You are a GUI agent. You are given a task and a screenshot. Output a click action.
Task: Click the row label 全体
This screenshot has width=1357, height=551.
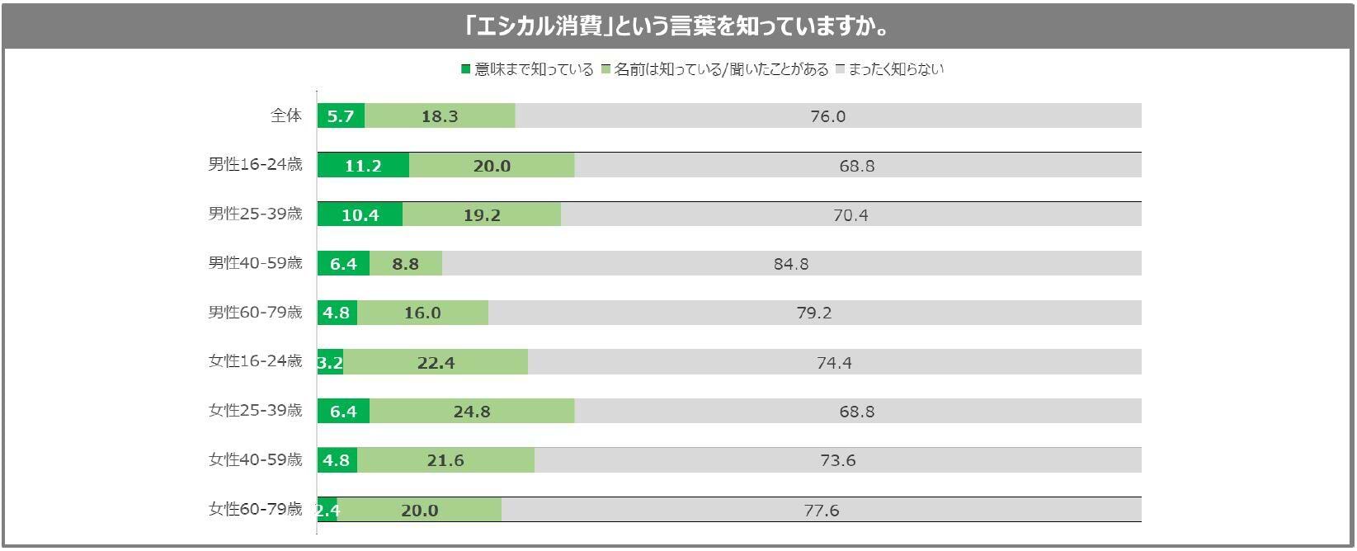286,116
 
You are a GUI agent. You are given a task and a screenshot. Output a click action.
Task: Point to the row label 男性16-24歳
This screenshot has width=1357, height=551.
255,164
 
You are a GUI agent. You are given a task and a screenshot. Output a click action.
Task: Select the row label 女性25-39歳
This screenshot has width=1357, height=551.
255,410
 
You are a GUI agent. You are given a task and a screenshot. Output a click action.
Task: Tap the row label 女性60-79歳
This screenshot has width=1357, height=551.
255,509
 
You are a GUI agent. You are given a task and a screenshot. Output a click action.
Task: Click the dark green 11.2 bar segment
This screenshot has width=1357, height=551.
363,166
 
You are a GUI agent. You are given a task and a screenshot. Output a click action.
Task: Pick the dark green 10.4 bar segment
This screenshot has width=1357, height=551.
360,214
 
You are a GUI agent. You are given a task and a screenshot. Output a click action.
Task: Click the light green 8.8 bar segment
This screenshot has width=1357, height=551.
406,264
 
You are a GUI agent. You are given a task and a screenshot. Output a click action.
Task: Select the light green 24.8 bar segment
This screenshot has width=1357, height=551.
472,411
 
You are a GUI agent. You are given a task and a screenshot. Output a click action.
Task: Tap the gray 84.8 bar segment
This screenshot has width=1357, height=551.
791,264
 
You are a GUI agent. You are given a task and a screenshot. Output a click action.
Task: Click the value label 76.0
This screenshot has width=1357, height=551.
827,116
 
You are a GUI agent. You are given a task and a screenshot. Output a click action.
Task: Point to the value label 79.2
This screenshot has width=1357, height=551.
814,313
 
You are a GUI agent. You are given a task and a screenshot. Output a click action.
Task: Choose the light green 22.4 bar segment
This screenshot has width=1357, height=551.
436,362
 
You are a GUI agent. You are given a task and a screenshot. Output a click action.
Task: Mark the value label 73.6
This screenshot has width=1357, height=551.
837,460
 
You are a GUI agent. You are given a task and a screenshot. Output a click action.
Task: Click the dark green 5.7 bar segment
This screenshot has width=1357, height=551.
341,116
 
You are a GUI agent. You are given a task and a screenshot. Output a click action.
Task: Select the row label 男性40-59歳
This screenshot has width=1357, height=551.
255,263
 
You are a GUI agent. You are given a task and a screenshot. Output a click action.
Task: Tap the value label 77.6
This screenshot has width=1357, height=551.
821,511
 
